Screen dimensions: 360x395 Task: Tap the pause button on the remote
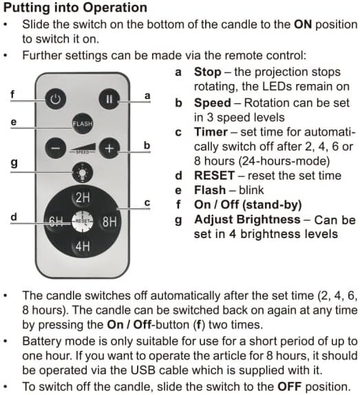pos(109,99)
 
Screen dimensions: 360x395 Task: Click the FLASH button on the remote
pos(83,123)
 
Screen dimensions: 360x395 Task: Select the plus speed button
pos(109,149)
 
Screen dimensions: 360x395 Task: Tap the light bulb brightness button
pos(83,173)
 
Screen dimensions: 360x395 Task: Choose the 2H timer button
pos(83,197)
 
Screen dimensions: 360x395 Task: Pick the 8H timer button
pos(109,222)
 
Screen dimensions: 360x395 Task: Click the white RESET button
pos(83,222)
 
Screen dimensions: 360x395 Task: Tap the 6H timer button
pos(56,222)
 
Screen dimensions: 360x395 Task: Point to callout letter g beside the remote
pos(14,162)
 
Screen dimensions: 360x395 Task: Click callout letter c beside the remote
pos(147,202)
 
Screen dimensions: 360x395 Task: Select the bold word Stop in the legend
pos(207,72)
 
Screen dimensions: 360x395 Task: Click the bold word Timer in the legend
pos(211,132)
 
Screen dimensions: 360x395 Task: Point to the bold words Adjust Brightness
pos(247,220)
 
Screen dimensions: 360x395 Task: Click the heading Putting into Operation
pos(75,8)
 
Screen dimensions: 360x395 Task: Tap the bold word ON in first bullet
pos(303,25)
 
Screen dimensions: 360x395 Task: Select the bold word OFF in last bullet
pos(290,387)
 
